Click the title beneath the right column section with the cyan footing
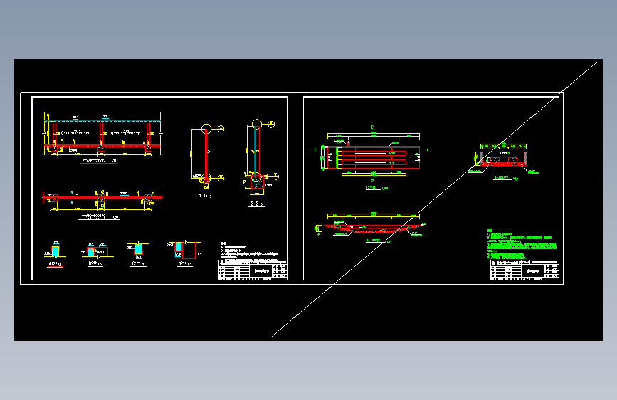(256, 203)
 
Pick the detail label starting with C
(137, 263)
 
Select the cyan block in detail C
(139, 248)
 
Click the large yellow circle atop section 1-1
(206, 129)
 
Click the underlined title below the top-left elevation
(96, 161)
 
